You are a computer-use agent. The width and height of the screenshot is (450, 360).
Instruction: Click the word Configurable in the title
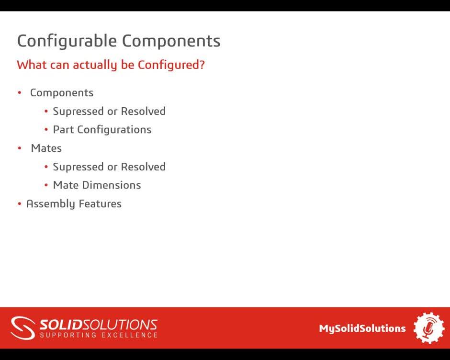[x=67, y=41]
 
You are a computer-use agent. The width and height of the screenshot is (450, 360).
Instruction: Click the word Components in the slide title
[x=171, y=41]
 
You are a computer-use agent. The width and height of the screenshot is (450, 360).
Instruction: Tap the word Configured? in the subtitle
[x=171, y=65]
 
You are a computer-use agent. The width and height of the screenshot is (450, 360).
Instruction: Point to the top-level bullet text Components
[x=62, y=93]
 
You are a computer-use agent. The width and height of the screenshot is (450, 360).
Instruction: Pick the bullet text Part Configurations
[x=102, y=130]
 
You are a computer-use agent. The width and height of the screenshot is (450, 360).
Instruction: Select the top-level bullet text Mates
[x=46, y=148]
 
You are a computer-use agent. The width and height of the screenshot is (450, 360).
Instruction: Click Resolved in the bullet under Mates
[x=143, y=167]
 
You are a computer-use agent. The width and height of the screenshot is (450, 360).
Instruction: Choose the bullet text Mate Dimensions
[x=97, y=185]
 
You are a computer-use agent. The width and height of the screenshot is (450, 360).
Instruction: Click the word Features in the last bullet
[x=100, y=204]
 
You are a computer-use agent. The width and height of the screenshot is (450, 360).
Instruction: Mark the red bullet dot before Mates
[x=20, y=148]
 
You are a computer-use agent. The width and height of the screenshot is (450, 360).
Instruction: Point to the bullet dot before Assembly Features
[x=20, y=204]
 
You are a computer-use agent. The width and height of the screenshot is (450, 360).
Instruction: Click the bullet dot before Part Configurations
[x=46, y=130]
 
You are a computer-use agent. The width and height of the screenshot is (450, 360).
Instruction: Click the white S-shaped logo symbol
[x=23, y=328]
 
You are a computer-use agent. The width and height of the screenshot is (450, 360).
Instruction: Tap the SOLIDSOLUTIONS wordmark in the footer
[x=98, y=325]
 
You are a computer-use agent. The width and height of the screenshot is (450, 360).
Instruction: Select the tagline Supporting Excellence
[x=98, y=335]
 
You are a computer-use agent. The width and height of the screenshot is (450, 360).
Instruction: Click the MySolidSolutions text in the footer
[x=362, y=328]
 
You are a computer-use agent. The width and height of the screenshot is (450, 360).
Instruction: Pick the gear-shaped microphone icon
[x=428, y=328]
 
